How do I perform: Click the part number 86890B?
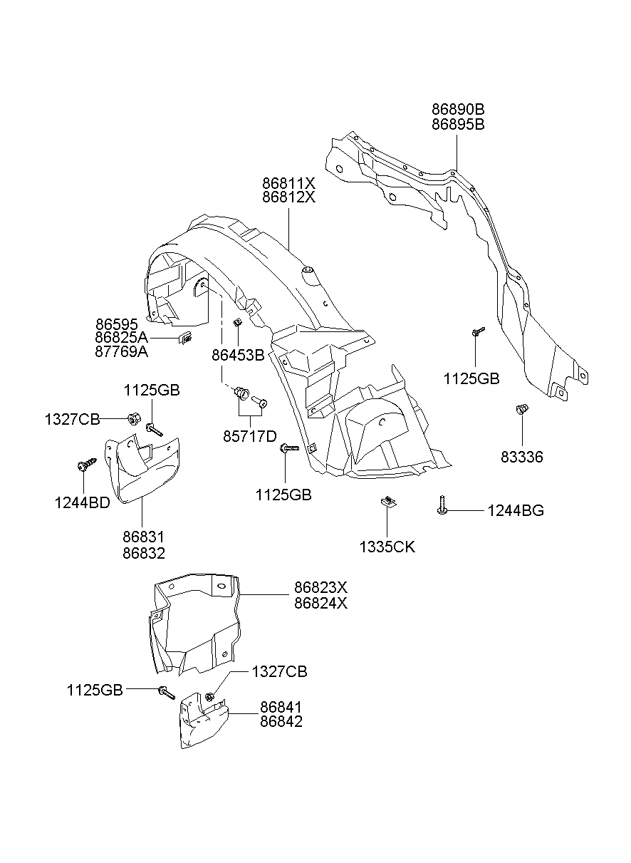point(457,110)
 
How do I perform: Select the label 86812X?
point(288,197)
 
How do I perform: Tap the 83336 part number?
point(521,458)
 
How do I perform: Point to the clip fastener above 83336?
point(521,409)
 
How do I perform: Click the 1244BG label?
point(516,510)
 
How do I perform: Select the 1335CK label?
point(387,547)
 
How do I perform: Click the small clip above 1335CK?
point(387,502)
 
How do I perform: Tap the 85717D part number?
point(250,435)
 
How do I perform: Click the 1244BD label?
point(82,503)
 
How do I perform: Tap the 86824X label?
point(320,603)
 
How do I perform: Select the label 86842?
point(281,721)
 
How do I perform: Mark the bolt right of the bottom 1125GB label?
point(166,691)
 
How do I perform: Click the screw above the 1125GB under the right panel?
point(477,331)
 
